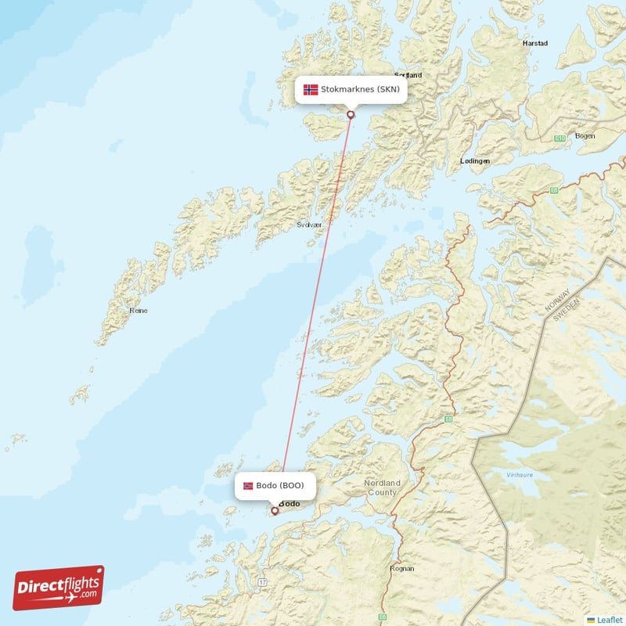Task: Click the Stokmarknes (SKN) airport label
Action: coord(351,89)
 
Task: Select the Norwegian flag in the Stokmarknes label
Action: coord(311,89)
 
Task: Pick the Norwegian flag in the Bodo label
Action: coord(248,486)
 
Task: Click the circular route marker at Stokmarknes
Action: coord(351,115)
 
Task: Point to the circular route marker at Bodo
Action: coord(275,511)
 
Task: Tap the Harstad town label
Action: coord(535,44)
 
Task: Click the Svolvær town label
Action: coord(309,225)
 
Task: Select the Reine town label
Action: coord(139,311)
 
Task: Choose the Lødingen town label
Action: coord(475,160)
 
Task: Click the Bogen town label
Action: coord(585,136)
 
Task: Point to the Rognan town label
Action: coord(401,569)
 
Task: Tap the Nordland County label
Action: coord(382,487)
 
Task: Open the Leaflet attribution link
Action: coord(609,619)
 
